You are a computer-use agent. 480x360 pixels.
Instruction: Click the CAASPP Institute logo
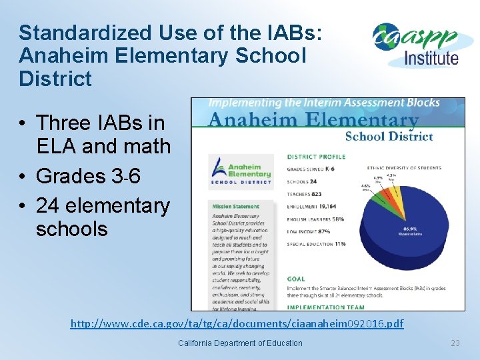(x=417, y=45)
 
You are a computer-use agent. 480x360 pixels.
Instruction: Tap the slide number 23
(x=455, y=343)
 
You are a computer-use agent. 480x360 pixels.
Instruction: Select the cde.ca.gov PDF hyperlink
(x=237, y=324)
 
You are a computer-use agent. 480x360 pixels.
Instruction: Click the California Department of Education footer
(x=240, y=343)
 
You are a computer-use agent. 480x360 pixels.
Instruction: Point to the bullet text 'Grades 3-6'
(x=88, y=176)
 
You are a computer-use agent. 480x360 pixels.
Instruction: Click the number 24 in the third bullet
(x=48, y=206)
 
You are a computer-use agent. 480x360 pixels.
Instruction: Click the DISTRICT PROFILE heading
(x=315, y=157)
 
